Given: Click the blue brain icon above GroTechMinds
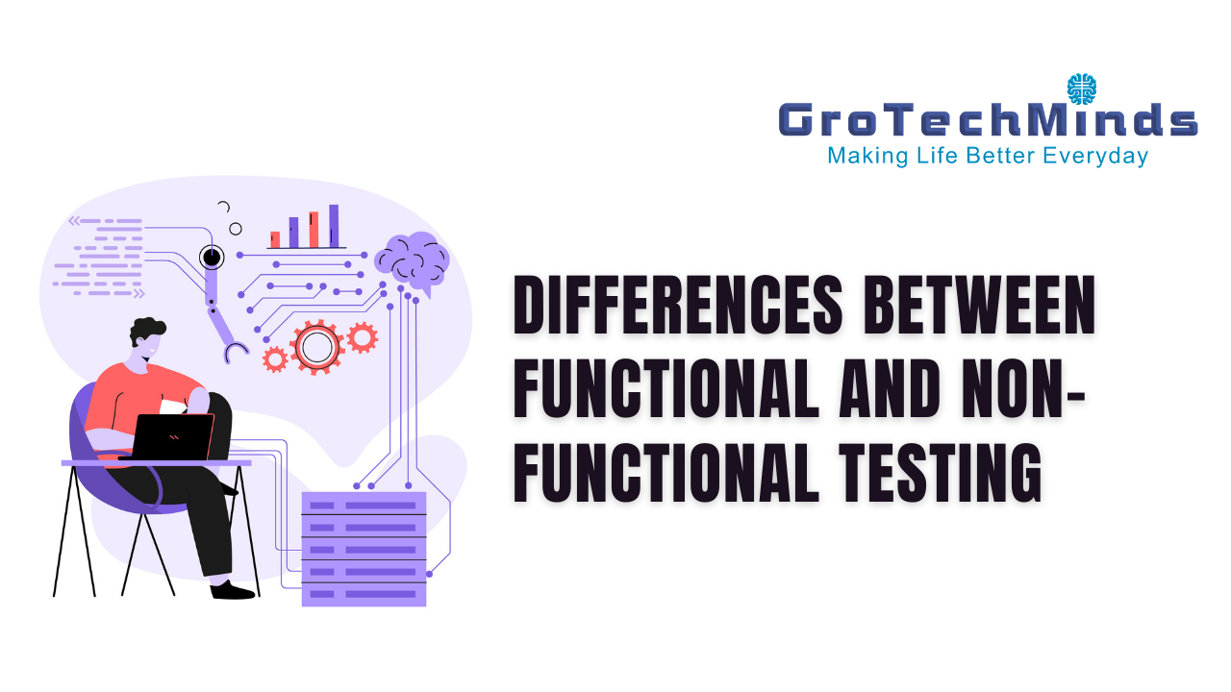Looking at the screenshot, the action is tap(1082, 89).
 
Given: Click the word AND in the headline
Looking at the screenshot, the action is tap(890, 388).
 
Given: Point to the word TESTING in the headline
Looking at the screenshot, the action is tap(940, 473).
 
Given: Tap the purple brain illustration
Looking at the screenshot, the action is tap(413, 262).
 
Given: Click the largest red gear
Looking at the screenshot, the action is tap(317, 347).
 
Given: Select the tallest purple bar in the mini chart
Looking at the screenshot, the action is tap(334, 226).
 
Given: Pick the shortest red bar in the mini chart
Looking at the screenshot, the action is tap(275, 239).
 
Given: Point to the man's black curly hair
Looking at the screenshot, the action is tap(147, 329).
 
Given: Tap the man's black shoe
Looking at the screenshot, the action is tap(232, 590).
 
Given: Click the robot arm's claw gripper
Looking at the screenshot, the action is tap(236, 352).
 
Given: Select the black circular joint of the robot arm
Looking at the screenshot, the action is tap(212, 257).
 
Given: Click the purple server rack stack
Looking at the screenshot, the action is tap(364, 549).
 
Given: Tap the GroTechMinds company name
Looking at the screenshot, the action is tap(988, 120).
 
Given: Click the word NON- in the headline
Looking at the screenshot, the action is tap(1023, 388).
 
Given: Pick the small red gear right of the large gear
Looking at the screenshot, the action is tap(363, 337).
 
